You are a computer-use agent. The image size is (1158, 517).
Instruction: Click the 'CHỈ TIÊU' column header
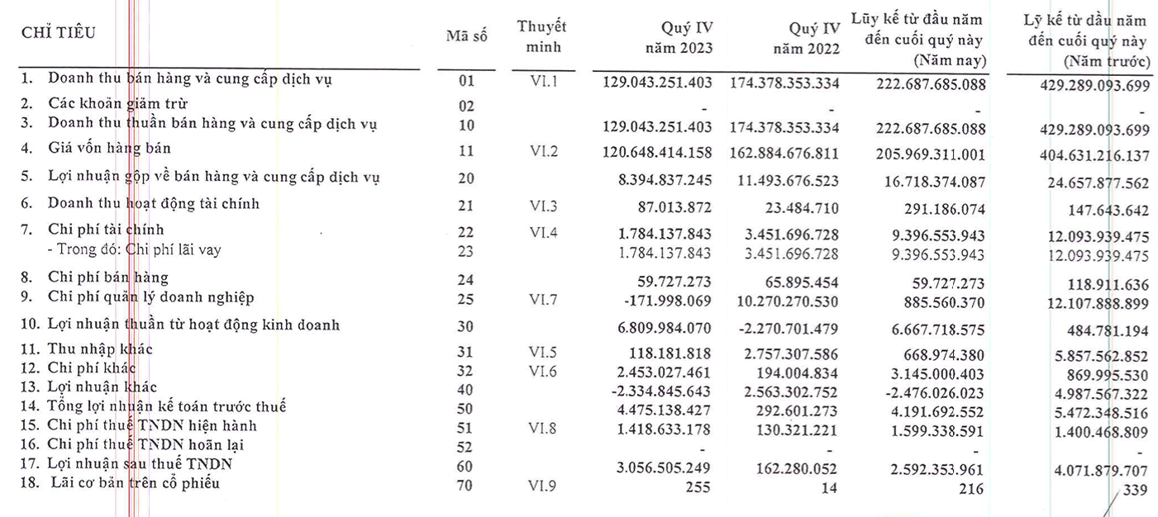(58, 33)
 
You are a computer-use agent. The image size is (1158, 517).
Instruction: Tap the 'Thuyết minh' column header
(542, 36)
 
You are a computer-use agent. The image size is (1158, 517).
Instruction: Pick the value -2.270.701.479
(792, 325)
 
